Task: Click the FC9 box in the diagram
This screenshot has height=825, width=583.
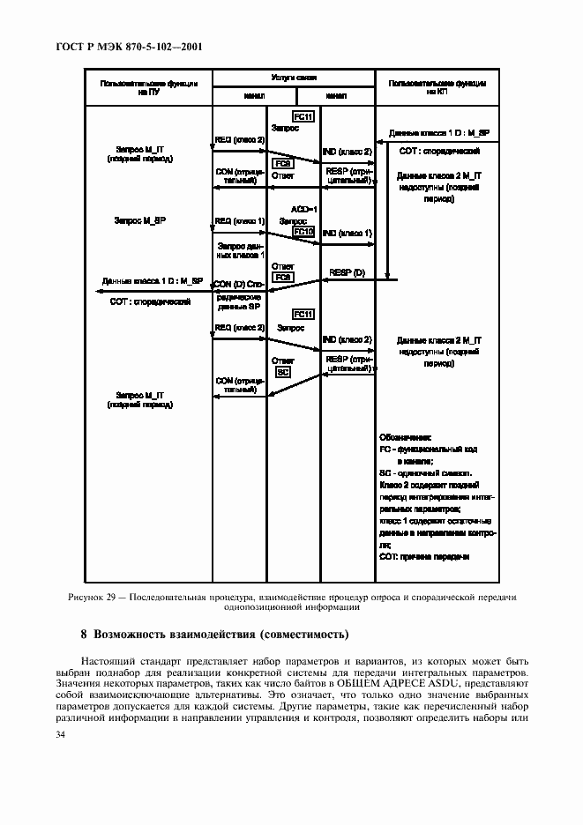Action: coord(283,164)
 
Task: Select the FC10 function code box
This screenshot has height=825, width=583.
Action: coord(303,232)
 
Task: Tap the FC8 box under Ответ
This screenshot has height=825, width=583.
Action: coord(283,278)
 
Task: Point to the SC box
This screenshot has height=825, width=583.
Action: coord(283,372)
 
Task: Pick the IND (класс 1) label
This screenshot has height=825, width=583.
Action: coord(347,233)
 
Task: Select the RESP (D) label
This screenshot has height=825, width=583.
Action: coord(347,273)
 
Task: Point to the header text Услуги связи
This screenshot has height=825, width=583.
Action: coord(295,78)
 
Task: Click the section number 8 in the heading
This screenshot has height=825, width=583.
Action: coord(84,634)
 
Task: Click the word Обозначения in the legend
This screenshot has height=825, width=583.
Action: coord(406,436)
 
